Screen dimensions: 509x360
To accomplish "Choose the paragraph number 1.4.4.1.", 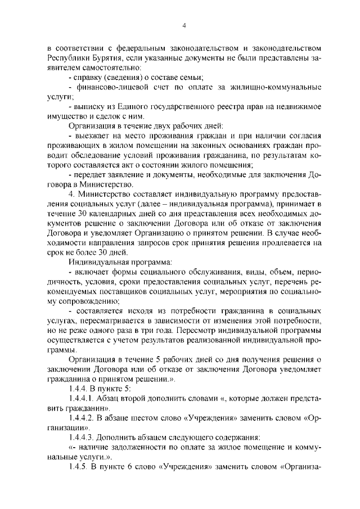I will [84, 398].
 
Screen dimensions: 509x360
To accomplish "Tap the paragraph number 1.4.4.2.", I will [84, 417].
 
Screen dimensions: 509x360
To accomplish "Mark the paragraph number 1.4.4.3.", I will [84, 436].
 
